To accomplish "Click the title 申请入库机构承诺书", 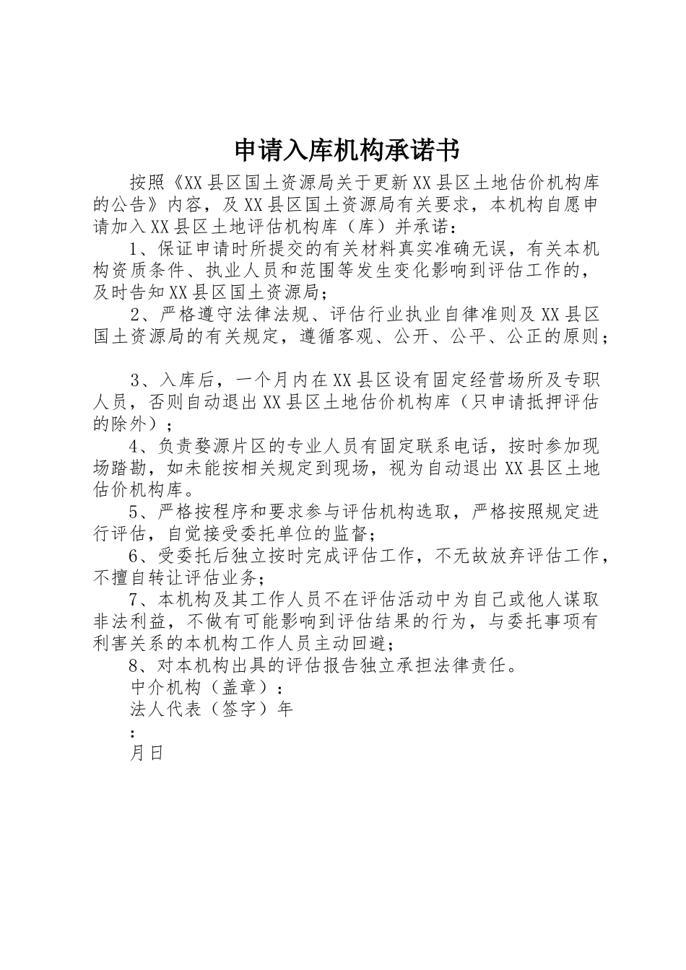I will click(x=347, y=150).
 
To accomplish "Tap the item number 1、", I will click(x=139, y=249).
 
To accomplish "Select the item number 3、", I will click(x=139, y=380).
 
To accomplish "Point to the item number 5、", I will click(x=139, y=512).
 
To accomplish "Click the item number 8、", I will click(x=139, y=665).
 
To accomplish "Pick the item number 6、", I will click(x=139, y=556).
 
